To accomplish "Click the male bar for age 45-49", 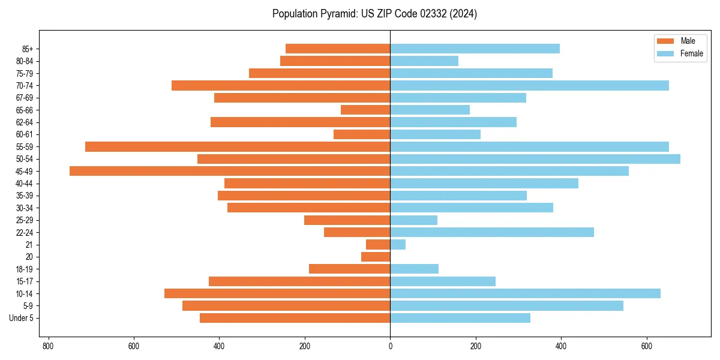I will coord(230,171).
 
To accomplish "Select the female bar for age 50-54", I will coord(535,159).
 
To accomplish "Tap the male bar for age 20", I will coord(376,257).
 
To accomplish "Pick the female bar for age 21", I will coord(398,244).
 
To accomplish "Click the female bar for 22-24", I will coord(492,232).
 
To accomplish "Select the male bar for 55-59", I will coord(238,146).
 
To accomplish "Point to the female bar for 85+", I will coord(475,49).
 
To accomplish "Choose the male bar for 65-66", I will coord(365,110).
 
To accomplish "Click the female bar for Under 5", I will coord(460,318).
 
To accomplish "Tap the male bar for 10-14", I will coord(277,293).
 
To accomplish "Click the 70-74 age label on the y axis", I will coord(24,85).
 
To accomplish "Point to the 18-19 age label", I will coord(24,269).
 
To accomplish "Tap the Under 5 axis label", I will coord(21,318).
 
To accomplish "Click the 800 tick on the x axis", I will coord(49,346).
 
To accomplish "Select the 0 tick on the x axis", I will coord(390,346).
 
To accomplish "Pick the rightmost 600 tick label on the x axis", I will coord(647,346).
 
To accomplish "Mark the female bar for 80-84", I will coord(424,61).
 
